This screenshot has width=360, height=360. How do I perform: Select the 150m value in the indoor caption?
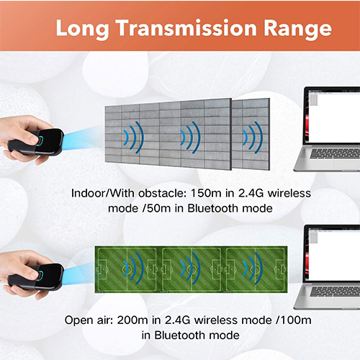(x=206, y=193)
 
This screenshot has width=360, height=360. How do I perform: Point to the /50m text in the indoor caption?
(x=156, y=208)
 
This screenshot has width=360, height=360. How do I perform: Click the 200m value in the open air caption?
(x=132, y=320)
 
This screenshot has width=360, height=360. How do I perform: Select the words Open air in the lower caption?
(x=89, y=320)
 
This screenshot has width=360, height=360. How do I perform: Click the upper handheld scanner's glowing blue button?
(x=40, y=140)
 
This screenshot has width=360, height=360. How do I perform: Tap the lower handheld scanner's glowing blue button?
(x=40, y=275)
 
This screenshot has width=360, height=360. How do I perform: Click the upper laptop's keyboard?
(x=335, y=153)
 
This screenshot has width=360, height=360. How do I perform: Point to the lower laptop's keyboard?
(x=335, y=292)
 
